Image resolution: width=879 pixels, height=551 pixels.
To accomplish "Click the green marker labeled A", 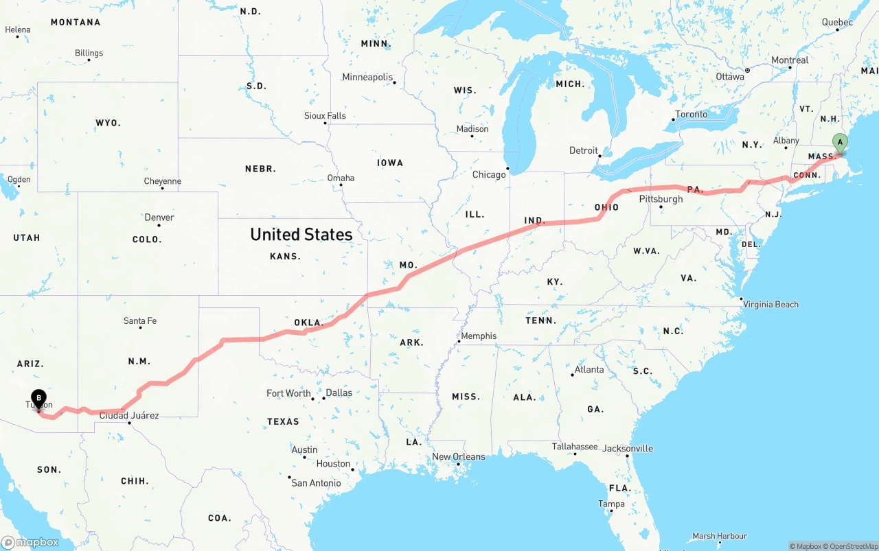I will point(839,142).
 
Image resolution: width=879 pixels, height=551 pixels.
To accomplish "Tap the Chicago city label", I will point(489,174).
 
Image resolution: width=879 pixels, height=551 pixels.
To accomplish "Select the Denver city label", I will point(159,218).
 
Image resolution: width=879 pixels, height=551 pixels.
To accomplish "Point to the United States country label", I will point(301,235).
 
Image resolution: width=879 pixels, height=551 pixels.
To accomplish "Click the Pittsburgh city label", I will point(661,199).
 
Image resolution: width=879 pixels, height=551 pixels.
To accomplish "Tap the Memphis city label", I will point(479,336).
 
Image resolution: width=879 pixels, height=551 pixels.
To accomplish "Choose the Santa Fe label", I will point(140,320).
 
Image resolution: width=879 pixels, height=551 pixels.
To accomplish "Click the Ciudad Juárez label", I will point(129,415).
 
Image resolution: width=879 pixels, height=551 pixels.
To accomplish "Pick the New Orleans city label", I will point(459,456).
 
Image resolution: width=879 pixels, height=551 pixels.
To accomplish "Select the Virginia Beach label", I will point(770,304).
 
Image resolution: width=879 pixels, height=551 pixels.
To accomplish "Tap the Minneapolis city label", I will point(367,77).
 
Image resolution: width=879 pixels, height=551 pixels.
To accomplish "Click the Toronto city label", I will point(691,114).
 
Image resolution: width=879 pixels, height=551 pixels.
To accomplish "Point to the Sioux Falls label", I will point(325,115).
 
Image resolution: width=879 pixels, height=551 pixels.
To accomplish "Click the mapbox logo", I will point(30,542).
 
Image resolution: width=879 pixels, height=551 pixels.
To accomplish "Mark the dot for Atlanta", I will point(572,375).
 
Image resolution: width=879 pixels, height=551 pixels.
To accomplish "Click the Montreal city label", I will point(790,60).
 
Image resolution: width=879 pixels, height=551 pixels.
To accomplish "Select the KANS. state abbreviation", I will point(285,256).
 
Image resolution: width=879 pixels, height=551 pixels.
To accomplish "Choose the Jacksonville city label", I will point(628,448).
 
